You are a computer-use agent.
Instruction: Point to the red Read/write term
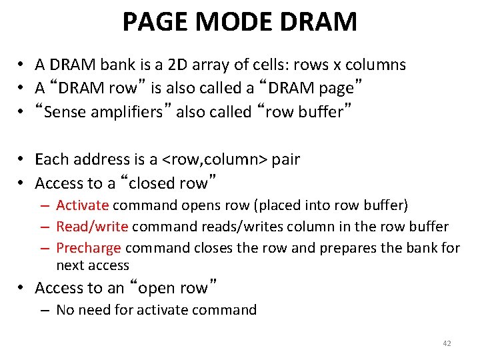pyautogui.click(x=92, y=227)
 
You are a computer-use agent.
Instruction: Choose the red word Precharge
pyautogui.click(x=89, y=249)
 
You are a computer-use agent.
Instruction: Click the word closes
pyautogui.click(x=212, y=249)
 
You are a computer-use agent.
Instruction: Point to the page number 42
pyautogui.click(x=447, y=343)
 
